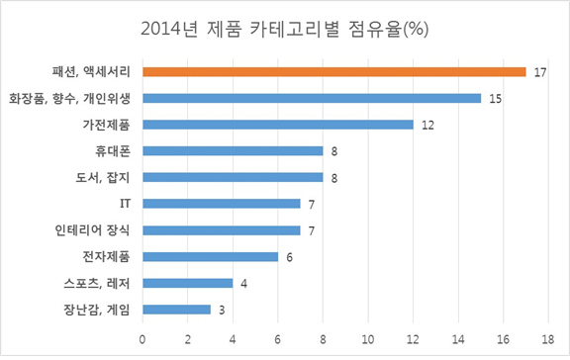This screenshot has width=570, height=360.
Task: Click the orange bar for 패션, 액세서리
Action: pyautogui.click(x=333, y=71)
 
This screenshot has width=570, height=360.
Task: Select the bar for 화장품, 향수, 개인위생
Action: pyautogui.click(x=312, y=98)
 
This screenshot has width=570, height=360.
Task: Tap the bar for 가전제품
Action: pyautogui.click(x=278, y=125)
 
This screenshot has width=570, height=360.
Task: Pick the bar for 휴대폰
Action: pyautogui.click(x=233, y=151)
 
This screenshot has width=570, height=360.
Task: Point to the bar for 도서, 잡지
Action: pyautogui.click(x=233, y=178)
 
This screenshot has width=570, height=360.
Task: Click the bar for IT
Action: pyautogui.click(x=222, y=204)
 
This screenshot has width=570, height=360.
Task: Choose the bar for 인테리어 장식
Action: pyautogui.click(x=222, y=230)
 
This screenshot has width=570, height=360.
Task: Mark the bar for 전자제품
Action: pyautogui.click(x=210, y=257)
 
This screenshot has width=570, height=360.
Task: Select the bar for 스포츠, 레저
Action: pyautogui.click(x=188, y=284)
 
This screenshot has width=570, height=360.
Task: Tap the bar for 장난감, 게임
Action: pyautogui.click(x=176, y=310)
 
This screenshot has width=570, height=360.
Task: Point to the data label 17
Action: pyautogui.click(x=538, y=71)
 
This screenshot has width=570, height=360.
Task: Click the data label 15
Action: pyautogui.click(x=494, y=98)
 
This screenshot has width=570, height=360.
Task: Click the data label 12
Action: pyautogui.click(x=427, y=125)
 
